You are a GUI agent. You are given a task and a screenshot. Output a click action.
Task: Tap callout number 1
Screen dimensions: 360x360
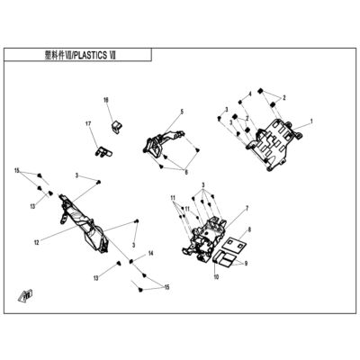[x=311, y=121]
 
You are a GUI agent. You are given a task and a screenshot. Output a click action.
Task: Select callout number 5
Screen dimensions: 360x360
[x=182, y=112]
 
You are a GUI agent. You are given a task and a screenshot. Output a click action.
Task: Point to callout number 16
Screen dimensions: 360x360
[x=106, y=100]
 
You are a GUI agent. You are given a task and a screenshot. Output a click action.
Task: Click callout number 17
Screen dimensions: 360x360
[x=88, y=123]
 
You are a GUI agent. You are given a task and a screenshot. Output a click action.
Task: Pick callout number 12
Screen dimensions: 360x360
[x=37, y=242]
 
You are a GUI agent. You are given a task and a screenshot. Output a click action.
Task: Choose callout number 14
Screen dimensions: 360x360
[x=150, y=254]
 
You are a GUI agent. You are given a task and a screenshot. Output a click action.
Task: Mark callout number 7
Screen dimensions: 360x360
[x=247, y=208]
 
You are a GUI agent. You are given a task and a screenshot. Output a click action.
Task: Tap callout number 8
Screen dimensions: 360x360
[x=249, y=229]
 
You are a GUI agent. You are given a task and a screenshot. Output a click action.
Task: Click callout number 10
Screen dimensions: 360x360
[x=216, y=276]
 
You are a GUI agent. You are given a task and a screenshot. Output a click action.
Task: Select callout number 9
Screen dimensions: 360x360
[x=246, y=264]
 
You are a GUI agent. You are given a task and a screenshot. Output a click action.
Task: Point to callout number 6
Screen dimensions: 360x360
[x=186, y=173]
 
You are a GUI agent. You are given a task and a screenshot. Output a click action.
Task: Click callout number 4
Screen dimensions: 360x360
[x=250, y=94]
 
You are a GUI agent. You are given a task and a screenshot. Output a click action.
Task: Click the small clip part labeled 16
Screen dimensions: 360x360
[x=115, y=126]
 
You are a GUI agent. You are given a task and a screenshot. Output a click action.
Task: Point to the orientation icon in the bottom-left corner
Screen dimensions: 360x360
[x=25, y=295]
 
